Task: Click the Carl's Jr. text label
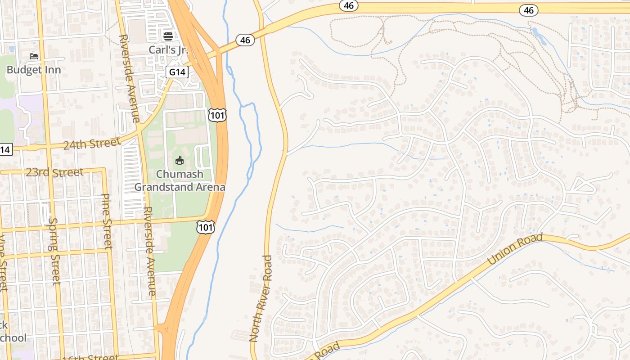[168, 49]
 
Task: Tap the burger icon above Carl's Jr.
[168, 36]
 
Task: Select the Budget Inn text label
[33, 70]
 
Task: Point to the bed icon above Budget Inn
[34, 56]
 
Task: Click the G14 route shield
[176, 72]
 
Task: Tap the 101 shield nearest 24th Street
[217, 115]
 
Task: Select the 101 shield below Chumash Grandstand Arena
[205, 227]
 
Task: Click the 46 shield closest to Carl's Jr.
[245, 40]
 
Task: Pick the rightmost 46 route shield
[529, 10]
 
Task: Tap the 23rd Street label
[54, 172]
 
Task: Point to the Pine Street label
[107, 221]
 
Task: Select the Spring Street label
[54, 251]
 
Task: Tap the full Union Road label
[515, 249]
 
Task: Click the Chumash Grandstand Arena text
[180, 180]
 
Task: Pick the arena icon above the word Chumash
[180, 160]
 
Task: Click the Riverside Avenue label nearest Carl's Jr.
[129, 78]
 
